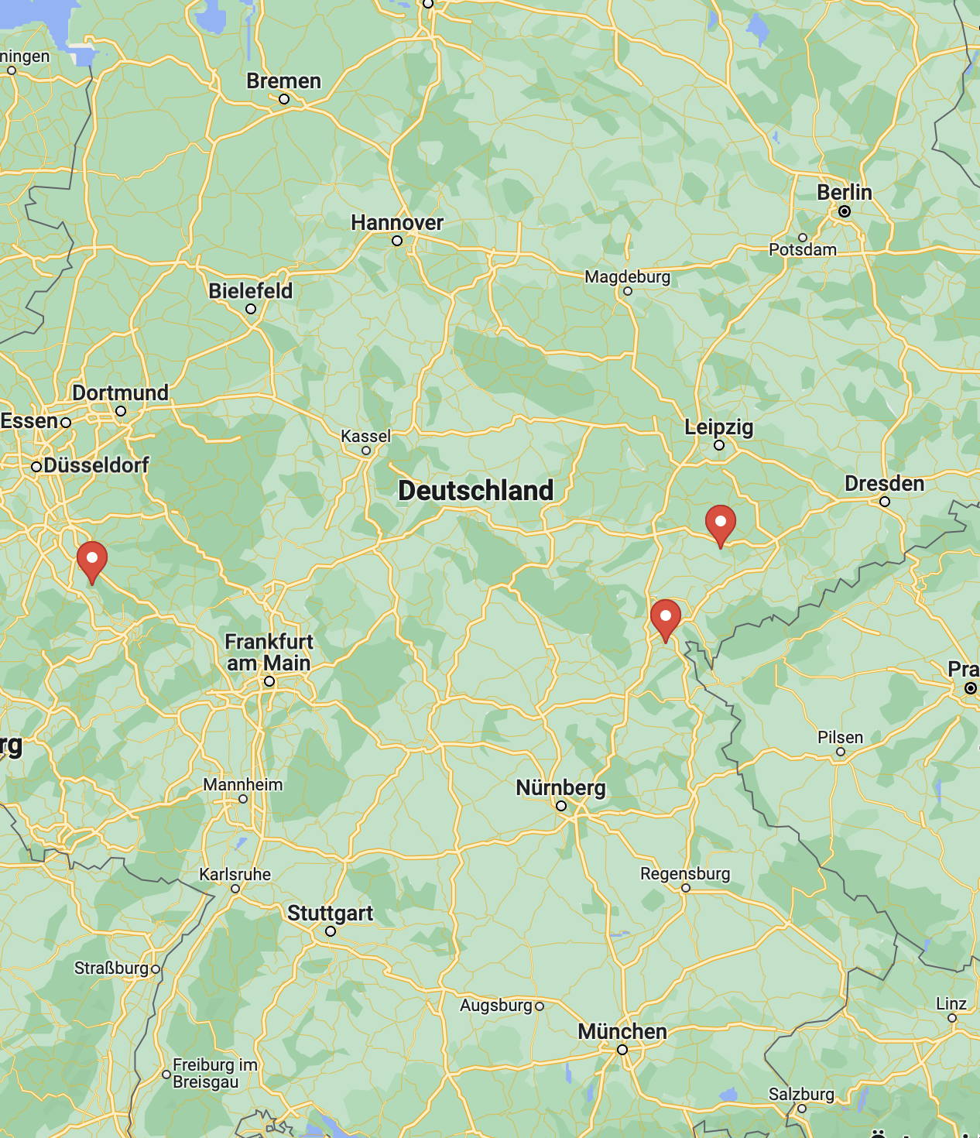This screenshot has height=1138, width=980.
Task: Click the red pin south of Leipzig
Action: tap(720, 524)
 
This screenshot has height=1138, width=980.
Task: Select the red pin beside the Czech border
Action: tap(665, 619)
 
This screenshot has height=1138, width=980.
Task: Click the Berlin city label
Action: tap(844, 192)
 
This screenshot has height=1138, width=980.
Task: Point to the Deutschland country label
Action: tap(475, 490)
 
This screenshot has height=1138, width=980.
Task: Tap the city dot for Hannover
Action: tap(397, 241)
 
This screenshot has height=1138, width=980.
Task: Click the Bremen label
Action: tap(283, 81)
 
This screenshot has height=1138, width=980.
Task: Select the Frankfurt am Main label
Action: tap(269, 652)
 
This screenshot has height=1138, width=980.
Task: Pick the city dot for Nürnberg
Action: tap(561, 806)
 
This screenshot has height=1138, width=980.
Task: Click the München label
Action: tap(622, 1031)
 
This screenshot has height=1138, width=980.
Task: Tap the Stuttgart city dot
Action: tap(331, 931)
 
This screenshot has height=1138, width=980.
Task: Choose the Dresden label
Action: tap(884, 484)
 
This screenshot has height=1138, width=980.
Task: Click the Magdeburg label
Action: tap(627, 276)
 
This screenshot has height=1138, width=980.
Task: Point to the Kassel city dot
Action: tap(366, 451)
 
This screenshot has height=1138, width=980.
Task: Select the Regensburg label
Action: tap(684, 873)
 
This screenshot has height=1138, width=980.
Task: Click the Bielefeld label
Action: tap(250, 291)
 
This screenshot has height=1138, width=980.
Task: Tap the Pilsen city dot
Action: tap(841, 752)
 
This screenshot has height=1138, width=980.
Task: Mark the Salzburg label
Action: tap(801, 1094)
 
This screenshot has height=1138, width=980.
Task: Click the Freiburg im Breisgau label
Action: tap(214, 1073)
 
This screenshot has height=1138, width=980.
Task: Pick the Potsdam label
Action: tap(802, 249)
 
